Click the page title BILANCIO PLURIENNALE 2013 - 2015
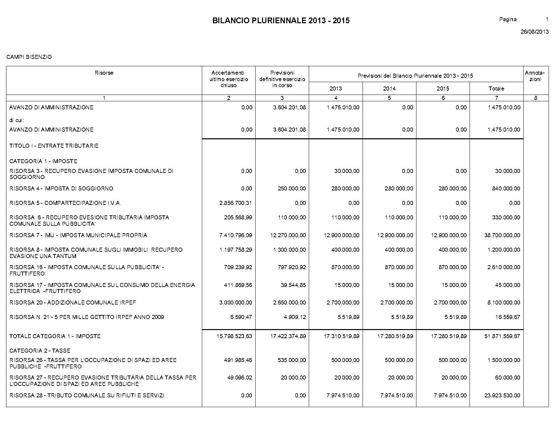click(x=281, y=21)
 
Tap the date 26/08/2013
click(x=534, y=32)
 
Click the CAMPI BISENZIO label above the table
click(x=29, y=57)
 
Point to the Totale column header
click(x=496, y=88)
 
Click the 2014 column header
click(x=389, y=88)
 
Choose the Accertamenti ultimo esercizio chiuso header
click(x=228, y=79)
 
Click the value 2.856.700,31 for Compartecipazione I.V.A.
click(x=235, y=203)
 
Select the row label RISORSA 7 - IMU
click(x=78, y=235)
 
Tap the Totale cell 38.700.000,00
click(x=502, y=235)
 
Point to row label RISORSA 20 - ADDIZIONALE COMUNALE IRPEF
click(x=73, y=302)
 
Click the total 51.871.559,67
click(x=502, y=336)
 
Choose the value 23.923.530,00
click(x=502, y=395)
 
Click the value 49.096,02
click(x=239, y=378)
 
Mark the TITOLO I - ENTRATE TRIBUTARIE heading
click(x=54, y=146)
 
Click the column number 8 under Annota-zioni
click(x=536, y=98)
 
